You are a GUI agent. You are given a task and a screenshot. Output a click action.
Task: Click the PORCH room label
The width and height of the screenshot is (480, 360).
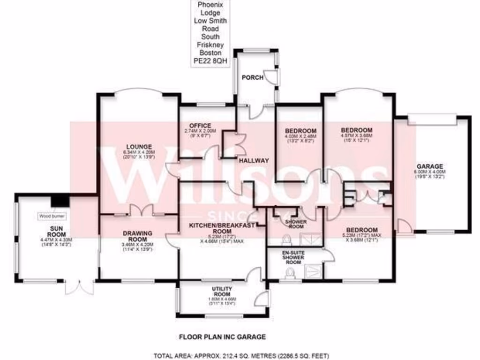point(249,77)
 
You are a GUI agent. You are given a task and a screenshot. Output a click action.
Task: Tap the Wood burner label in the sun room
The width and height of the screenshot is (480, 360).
point(52,216)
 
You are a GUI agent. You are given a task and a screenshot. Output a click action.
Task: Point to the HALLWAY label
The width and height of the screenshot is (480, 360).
point(254,161)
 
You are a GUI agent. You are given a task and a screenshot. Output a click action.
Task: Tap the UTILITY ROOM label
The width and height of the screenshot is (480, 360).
point(222,292)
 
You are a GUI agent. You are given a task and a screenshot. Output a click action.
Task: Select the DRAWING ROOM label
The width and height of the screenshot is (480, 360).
point(138,236)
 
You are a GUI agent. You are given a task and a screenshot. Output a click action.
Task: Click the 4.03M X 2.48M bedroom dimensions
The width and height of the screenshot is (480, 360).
point(299,136)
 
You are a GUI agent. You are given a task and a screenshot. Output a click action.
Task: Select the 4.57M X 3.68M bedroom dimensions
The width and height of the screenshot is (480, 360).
point(356,136)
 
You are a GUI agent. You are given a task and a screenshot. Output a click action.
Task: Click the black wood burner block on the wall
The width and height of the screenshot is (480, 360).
point(60,201)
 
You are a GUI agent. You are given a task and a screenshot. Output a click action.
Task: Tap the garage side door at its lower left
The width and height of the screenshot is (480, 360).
point(404,226)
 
